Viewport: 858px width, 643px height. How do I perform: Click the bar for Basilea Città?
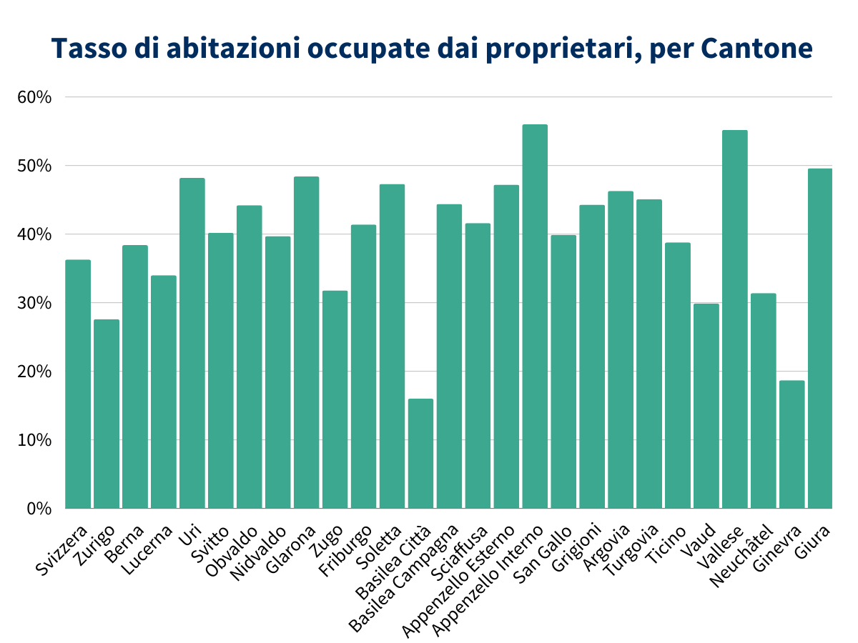(x=420, y=454)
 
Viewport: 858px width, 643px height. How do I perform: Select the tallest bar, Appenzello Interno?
(x=535, y=316)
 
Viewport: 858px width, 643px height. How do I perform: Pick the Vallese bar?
(x=734, y=319)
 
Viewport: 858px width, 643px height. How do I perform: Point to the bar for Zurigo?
(x=107, y=414)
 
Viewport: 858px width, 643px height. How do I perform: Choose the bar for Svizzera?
(x=78, y=384)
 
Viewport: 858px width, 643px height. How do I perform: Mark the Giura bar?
(x=820, y=339)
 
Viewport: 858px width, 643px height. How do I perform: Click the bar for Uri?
(x=192, y=343)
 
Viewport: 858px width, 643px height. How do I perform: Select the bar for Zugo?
(x=335, y=399)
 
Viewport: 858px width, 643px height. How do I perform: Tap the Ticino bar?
(x=677, y=375)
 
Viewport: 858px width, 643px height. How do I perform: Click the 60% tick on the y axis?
(x=34, y=97)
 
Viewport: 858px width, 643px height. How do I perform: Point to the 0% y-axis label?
(x=39, y=509)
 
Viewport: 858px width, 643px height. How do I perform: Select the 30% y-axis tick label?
(x=34, y=303)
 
